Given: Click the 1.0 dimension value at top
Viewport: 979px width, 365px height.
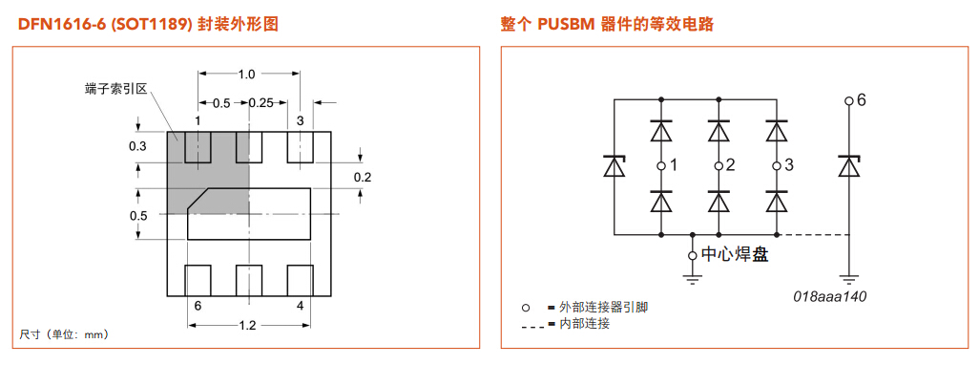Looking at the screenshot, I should [247, 75].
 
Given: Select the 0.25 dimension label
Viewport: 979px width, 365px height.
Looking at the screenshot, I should [260, 102].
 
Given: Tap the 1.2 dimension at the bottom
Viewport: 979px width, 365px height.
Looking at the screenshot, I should [247, 326].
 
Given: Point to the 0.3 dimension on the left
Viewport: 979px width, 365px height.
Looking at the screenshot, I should [137, 146].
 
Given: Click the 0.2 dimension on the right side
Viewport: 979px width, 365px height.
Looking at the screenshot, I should [363, 178].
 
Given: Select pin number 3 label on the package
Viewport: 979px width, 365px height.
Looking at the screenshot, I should [301, 120].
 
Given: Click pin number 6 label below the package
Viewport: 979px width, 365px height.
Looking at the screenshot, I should [198, 306].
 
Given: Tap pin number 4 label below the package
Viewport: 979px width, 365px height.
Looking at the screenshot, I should [301, 306].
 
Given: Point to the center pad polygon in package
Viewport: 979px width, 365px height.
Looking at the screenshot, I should [250, 214].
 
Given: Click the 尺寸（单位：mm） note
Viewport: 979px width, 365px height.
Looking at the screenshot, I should [64, 334].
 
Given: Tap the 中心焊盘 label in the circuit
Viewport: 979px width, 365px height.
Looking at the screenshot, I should [735, 254].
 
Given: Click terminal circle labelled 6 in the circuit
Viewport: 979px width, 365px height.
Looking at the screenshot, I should [848, 100].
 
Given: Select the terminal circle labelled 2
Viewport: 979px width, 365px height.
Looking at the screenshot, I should [719, 166].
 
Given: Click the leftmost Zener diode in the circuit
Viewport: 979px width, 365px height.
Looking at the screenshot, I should [613, 166].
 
